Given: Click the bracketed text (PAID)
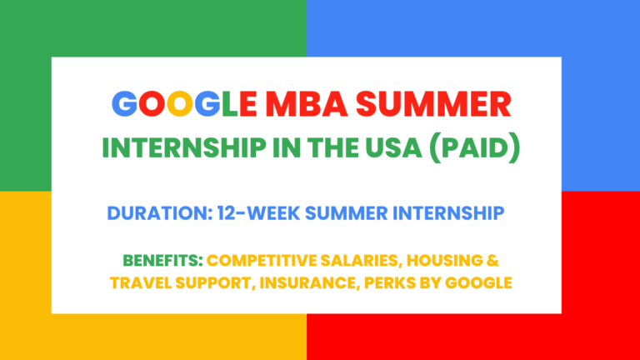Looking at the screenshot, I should click(x=483, y=150).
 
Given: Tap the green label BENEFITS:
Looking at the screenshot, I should click(x=162, y=262).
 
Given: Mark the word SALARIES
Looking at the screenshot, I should click(x=367, y=262).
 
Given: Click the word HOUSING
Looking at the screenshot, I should click(x=455, y=262).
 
